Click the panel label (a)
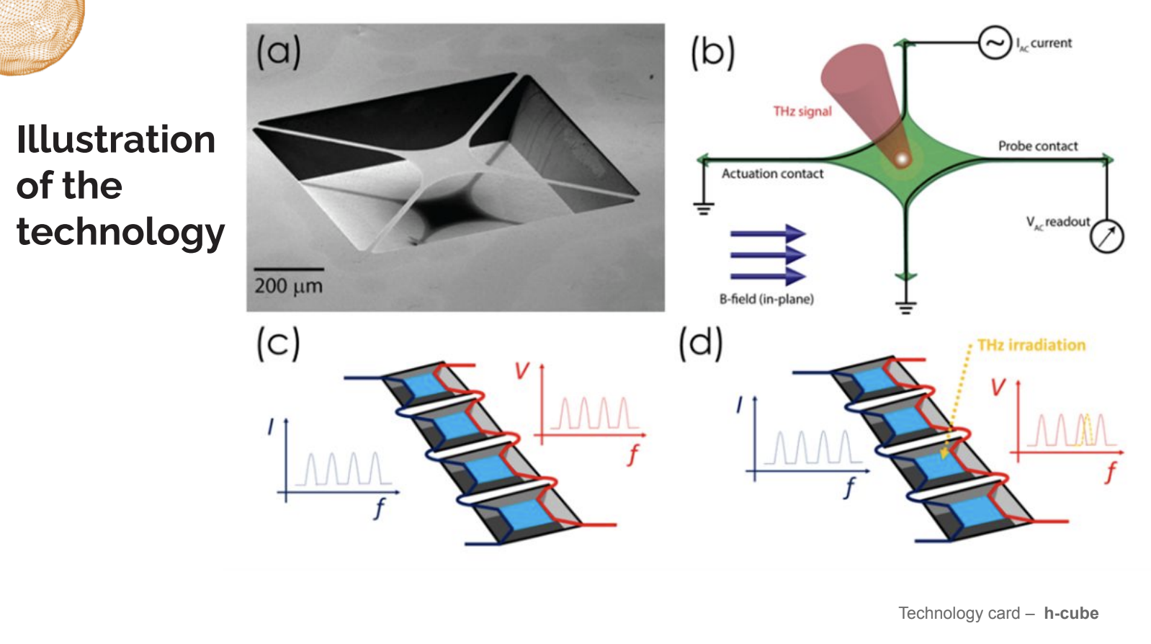(279, 51)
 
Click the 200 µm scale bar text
(288, 286)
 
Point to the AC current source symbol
(995, 43)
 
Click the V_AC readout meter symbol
(1107, 236)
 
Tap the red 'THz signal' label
(802, 111)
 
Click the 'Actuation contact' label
(772, 174)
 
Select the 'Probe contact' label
(1038, 146)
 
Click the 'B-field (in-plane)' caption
(766, 299)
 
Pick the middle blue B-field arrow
(768, 255)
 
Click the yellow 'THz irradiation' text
(1031, 345)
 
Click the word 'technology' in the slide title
(121, 232)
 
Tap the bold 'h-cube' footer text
(1071, 613)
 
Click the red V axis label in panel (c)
(522, 370)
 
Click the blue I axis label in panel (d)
(740, 405)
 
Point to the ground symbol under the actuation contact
(704, 209)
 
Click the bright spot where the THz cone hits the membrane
(902, 158)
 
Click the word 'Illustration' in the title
(116, 139)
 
